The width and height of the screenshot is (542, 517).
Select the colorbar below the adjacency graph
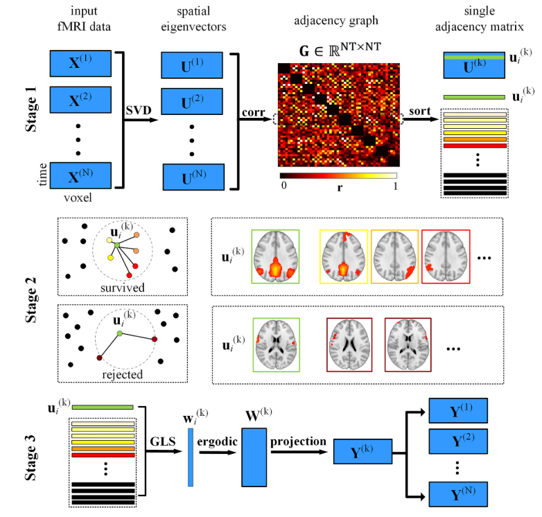coord(338,177)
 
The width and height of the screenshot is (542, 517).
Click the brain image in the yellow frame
coord(344,258)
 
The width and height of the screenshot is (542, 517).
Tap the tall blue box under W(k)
coord(254,457)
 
